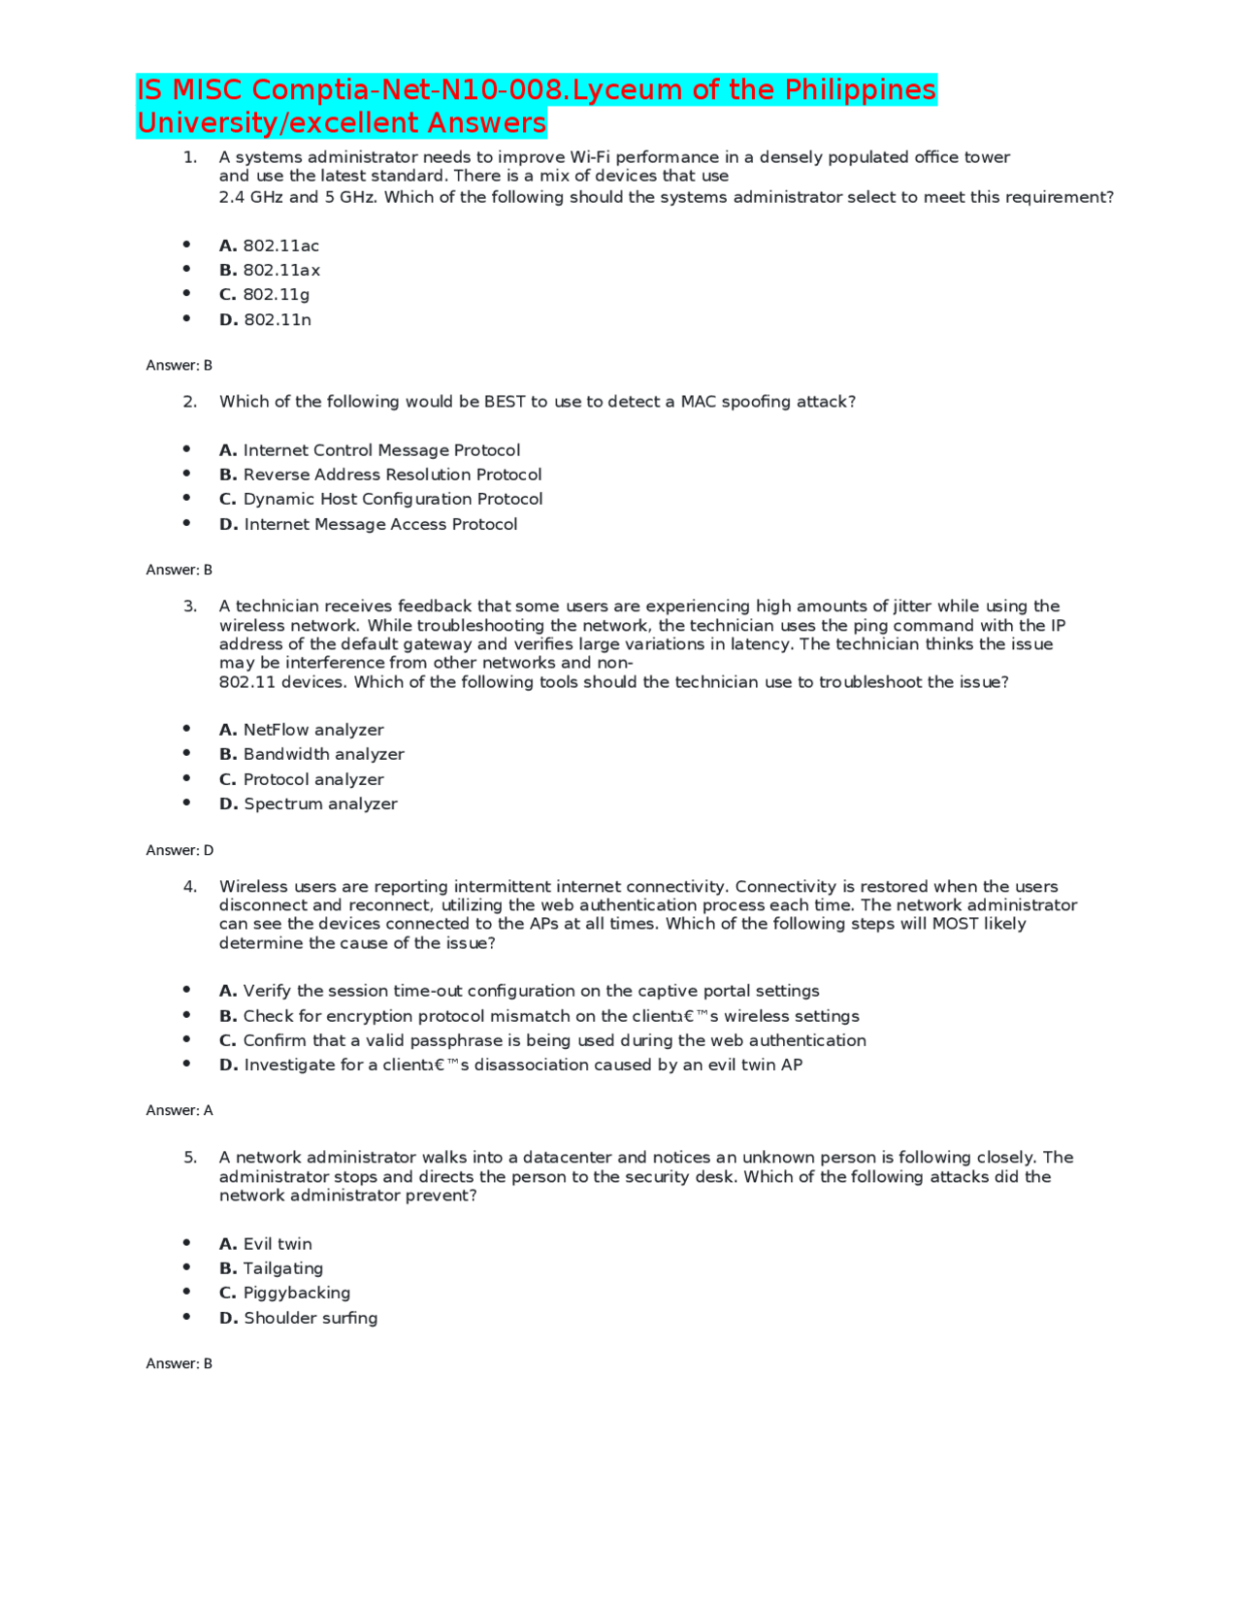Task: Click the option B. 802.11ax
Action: coord(270,270)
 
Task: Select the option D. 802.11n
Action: coord(265,319)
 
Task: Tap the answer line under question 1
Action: coord(180,365)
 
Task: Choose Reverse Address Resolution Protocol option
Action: coord(380,475)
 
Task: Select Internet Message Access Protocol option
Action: coord(369,524)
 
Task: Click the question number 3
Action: coord(190,607)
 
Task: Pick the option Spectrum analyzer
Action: coord(309,803)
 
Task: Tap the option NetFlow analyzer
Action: coord(302,730)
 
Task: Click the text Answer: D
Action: coord(180,850)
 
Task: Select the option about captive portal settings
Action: coord(519,991)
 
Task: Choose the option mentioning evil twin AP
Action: coord(511,1065)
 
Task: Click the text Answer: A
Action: coord(180,1110)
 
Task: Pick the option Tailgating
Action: coord(272,1268)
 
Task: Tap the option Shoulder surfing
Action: coord(299,1318)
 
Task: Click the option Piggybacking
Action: coord(285,1293)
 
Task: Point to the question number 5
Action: coord(190,1158)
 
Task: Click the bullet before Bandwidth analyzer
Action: coord(186,753)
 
